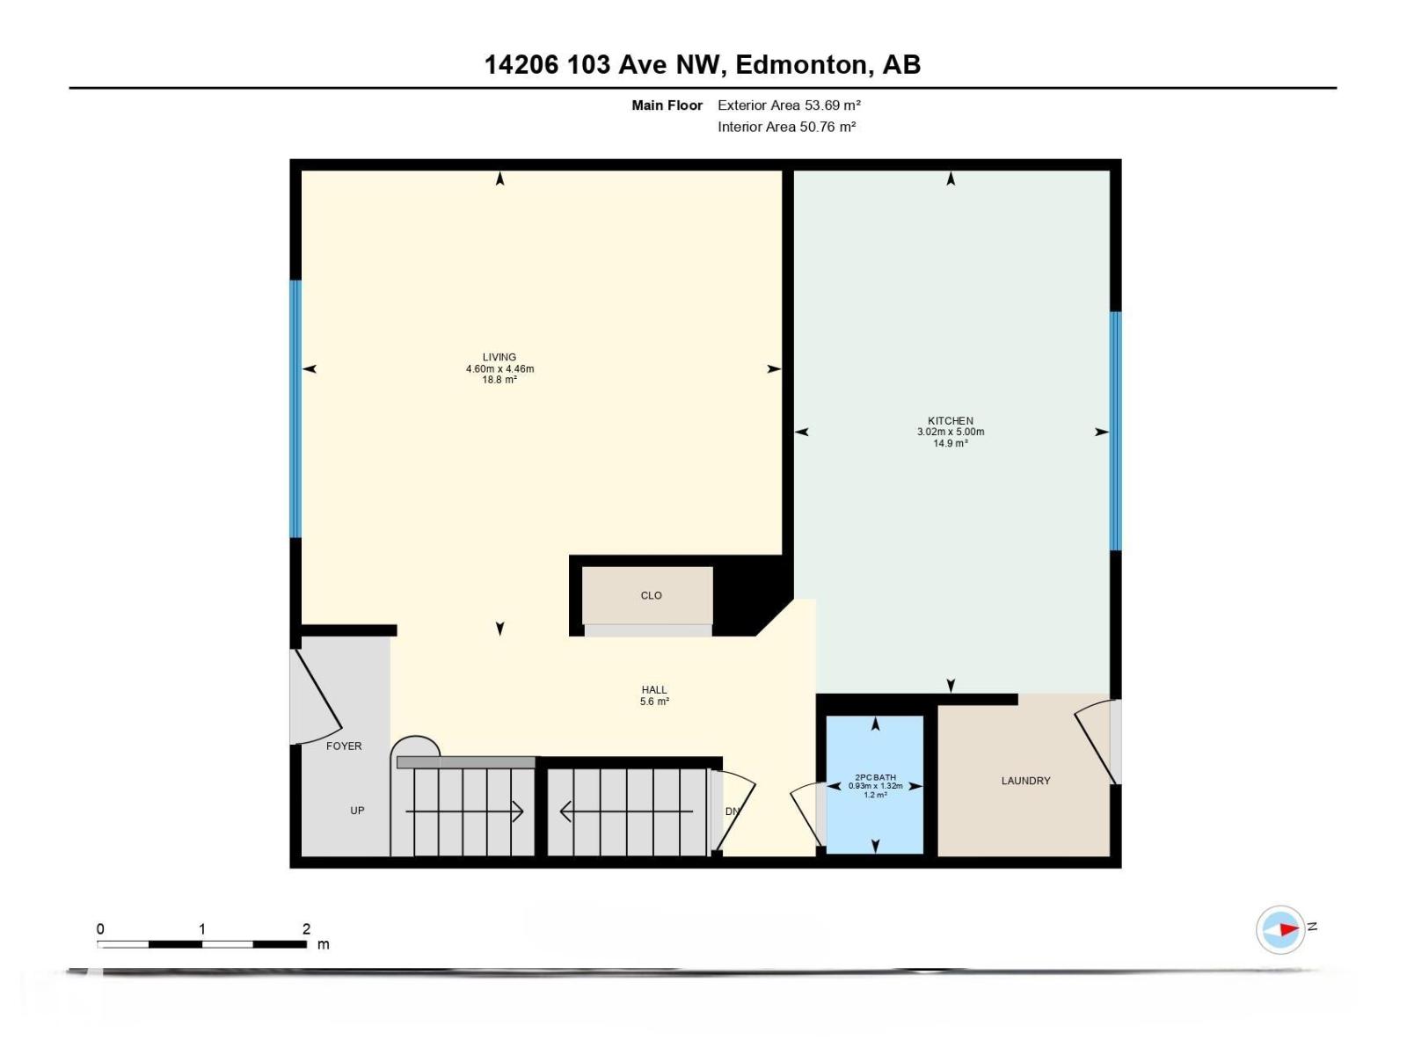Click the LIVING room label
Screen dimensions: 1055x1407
(x=499, y=358)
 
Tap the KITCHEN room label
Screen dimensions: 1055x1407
(x=951, y=421)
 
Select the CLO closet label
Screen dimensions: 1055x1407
(x=651, y=596)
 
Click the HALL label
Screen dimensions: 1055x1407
(x=654, y=690)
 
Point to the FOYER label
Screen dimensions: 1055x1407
(x=344, y=746)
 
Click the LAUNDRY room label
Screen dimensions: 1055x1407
(x=1025, y=781)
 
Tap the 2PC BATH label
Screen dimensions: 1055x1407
(x=875, y=777)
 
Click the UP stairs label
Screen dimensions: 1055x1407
(x=357, y=811)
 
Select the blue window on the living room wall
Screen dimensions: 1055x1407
(x=295, y=409)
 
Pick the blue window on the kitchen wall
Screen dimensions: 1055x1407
(x=1115, y=431)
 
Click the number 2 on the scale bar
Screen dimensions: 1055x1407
(x=306, y=929)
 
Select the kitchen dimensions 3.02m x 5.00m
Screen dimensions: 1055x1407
(x=951, y=433)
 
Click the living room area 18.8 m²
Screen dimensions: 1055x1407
(x=499, y=381)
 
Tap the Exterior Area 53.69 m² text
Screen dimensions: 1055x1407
(x=789, y=105)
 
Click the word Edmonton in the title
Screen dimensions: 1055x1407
(x=800, y=65)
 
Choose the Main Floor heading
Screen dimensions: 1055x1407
(x=667, y=105)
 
